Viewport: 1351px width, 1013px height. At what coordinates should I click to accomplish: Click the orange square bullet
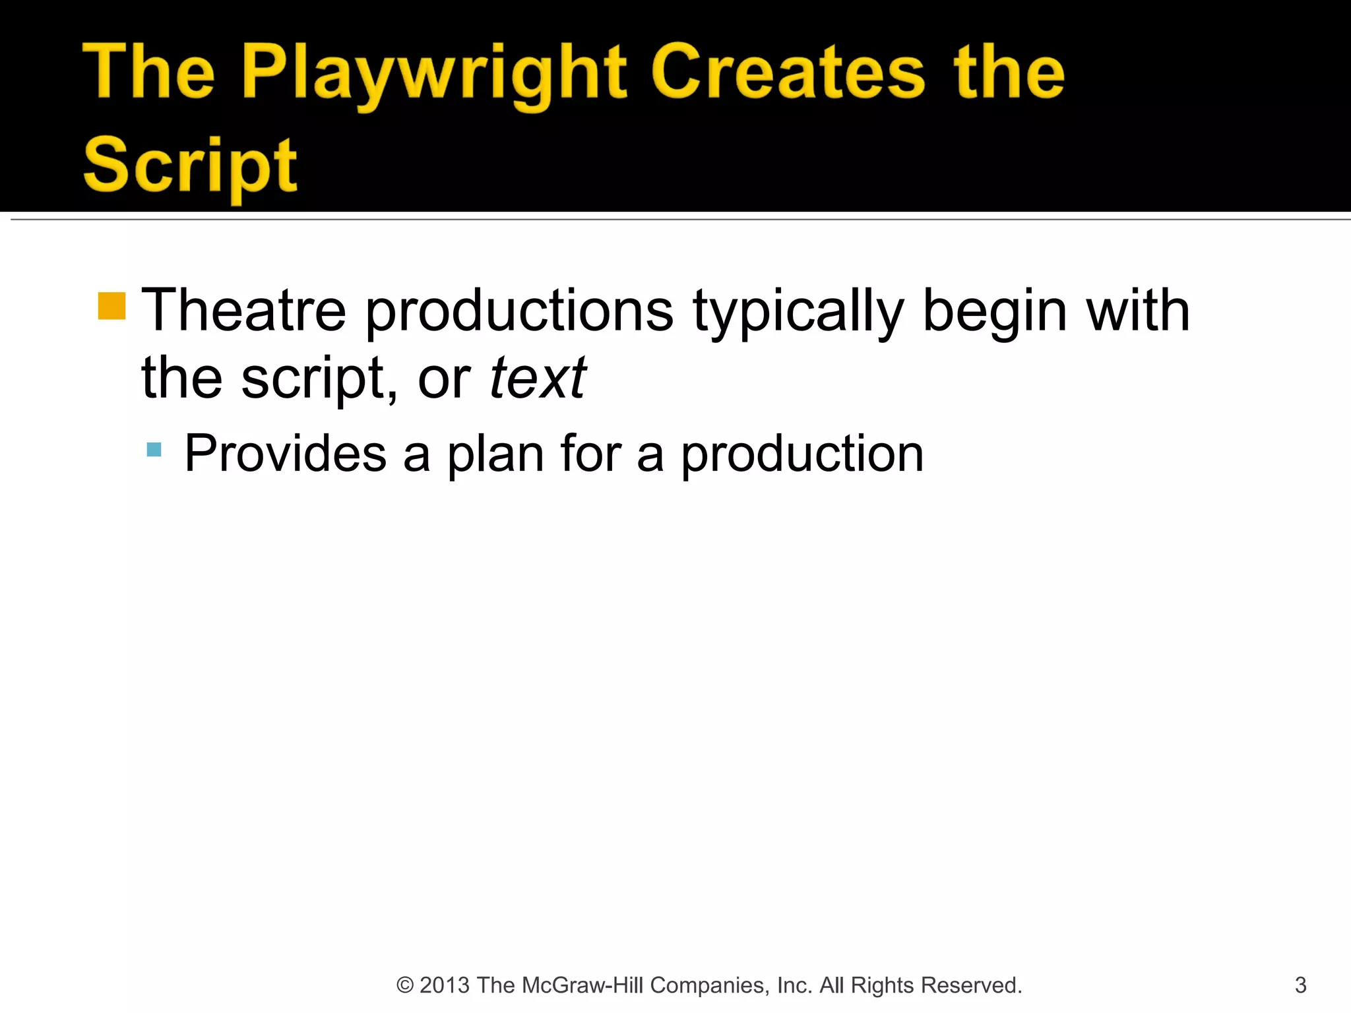point(111,306)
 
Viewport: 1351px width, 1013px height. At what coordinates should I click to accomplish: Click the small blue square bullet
point(154,450)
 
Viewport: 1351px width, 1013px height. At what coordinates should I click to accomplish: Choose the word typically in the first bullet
point(798,311)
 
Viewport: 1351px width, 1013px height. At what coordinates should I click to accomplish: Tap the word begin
point(995,311)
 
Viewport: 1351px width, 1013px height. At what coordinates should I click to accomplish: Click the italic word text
point(538,378)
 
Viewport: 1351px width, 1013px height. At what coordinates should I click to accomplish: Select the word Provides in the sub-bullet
point(285,453)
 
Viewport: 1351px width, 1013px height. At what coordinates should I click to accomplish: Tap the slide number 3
point(1300,985)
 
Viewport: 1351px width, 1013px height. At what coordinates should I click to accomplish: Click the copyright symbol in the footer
point(404,985)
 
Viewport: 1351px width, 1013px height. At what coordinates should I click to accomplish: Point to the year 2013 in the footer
point(445,985)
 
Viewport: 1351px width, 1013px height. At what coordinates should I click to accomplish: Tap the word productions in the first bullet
point(519,311)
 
